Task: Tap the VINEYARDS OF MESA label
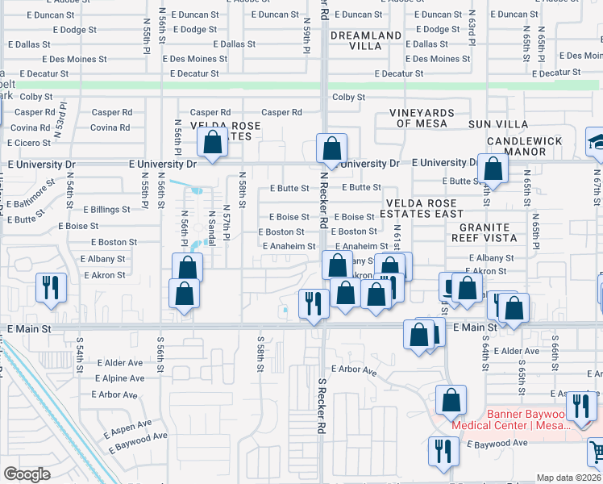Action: pyautogui.click(x=422, y=118)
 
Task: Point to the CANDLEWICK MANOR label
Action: pyautogui.click(x=525, y=146)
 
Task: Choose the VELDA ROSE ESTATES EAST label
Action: pyautogui.click(x=424, y=209)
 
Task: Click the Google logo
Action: pyautogui.click(x=27, y=474)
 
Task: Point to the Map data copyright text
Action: pyautogui.click(x=568, y=478)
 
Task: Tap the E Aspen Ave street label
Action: pyautogui.click(x=127, y=423)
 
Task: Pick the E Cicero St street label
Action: pyautogui.click(x=29, y=143)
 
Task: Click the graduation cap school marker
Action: pyautogui.click(x=597, y=144)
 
